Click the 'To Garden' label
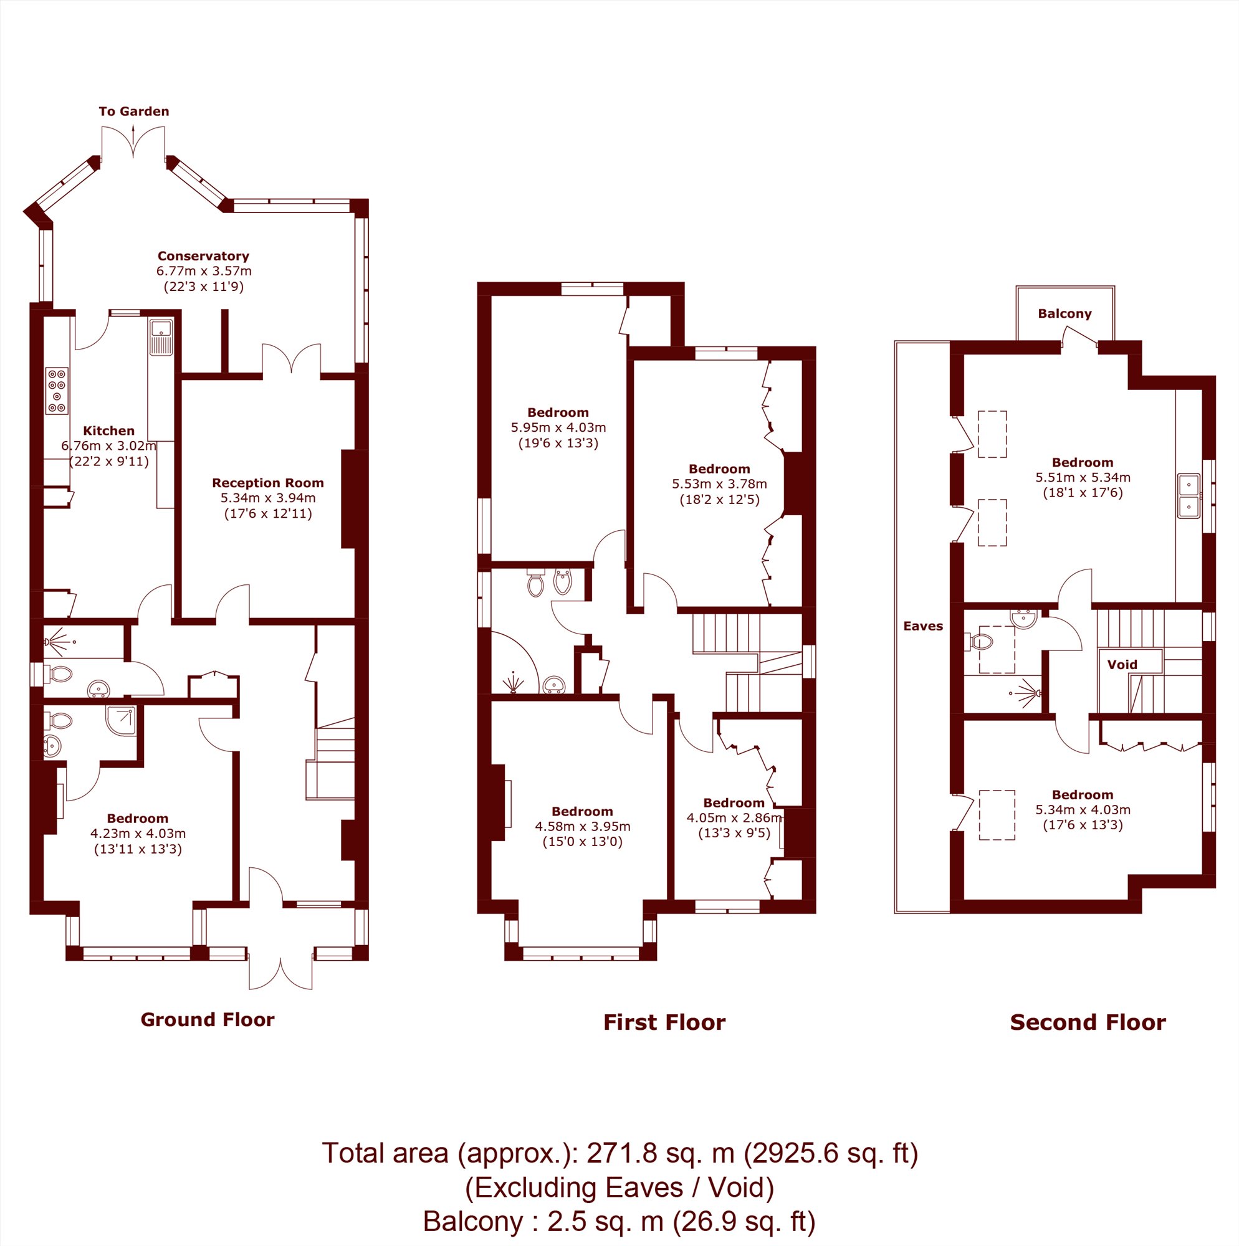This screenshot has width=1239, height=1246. coord(133,112)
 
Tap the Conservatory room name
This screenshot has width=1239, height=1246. coord(203,256)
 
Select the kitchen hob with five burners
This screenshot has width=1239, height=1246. coord(57,391)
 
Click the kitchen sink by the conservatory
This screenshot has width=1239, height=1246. coord(161,336)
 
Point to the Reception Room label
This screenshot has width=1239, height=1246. coord(268,483)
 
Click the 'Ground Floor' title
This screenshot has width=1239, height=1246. coord(208,1020)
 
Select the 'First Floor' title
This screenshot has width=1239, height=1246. coord(664,1022)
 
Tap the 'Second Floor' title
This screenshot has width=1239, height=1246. coord(1088,1022)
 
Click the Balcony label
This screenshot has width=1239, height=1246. coord(1064,314)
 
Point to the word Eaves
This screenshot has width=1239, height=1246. coord(924,626)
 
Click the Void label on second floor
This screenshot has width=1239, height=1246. coord(1122,665)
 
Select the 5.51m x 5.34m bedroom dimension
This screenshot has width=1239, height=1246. coord(1083,478)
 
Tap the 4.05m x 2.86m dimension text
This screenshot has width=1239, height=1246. coord(734,819)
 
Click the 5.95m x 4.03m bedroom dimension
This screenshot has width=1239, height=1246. coord(558,427)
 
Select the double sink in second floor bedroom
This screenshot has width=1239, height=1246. coord(1189,497)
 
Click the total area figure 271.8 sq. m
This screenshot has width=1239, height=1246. coord(660,1153)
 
